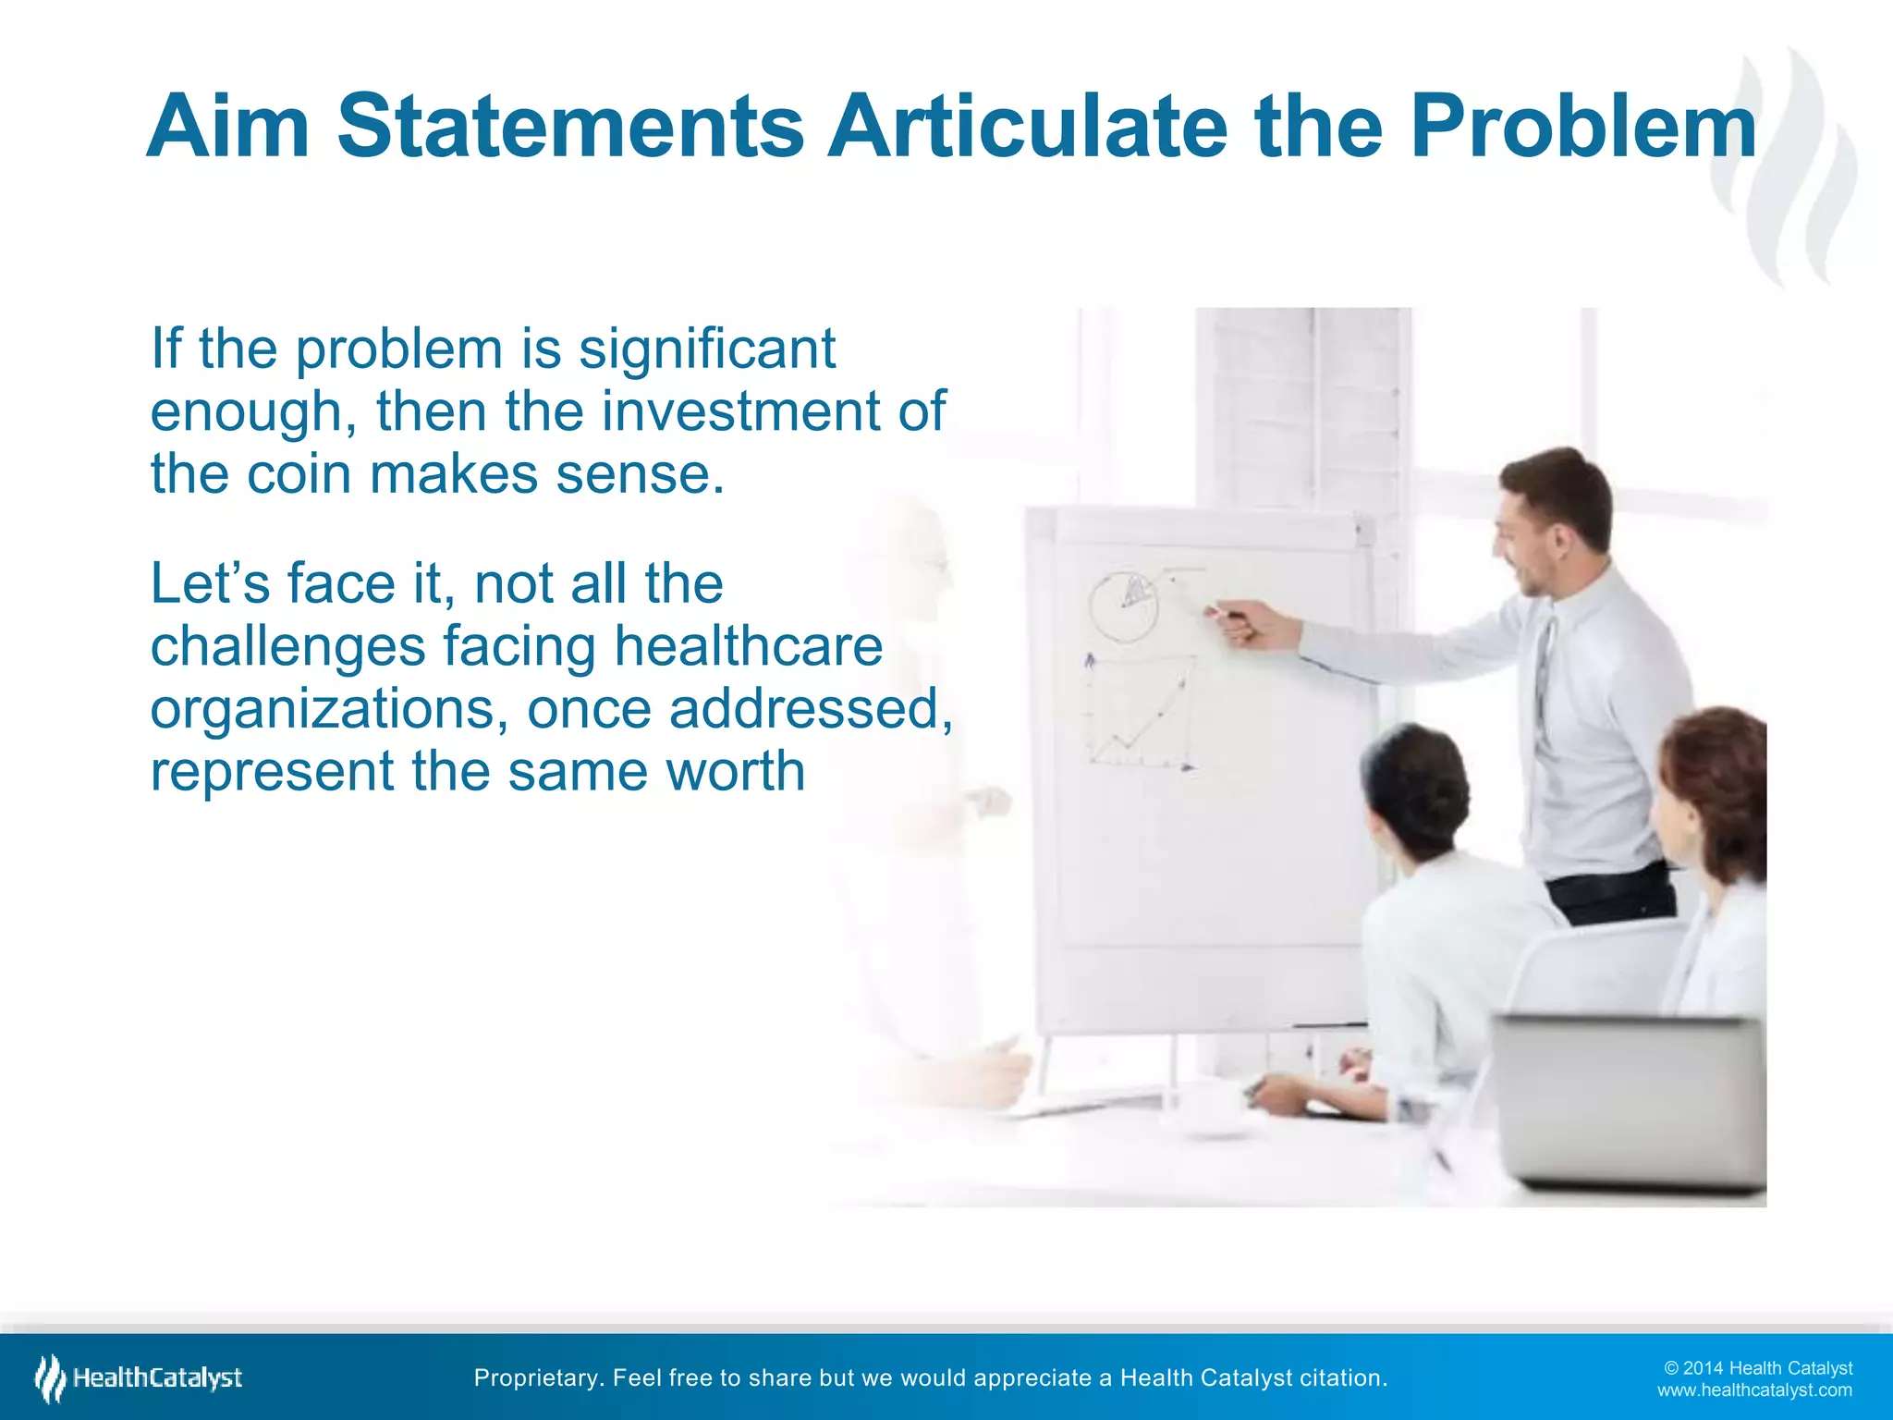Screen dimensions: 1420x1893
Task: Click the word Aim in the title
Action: [x=227, y=127]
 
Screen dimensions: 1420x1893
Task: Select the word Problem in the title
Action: [x=1582, y=127]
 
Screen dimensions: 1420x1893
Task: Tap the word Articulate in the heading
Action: [x=1027, y=127]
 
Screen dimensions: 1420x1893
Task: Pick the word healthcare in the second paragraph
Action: [x=748, y=645]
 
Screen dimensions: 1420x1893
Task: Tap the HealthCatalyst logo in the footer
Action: [x=139, y=1378]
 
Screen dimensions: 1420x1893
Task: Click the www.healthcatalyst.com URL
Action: [x=1753, y=1390]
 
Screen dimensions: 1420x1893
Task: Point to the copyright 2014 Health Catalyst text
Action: [x=1757, y=1368]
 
